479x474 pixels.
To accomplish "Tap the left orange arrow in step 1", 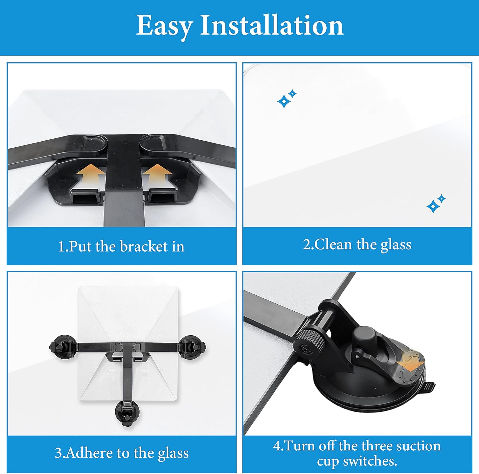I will [90, 174].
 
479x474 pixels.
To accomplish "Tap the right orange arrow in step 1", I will [157, 174].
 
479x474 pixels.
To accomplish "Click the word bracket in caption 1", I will [144, 246].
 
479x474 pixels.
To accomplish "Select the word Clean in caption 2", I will [334, 245].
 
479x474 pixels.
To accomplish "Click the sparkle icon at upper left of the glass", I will [286, 99].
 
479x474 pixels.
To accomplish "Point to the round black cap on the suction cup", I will [364, 335].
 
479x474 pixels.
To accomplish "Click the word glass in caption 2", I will [396, 245].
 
